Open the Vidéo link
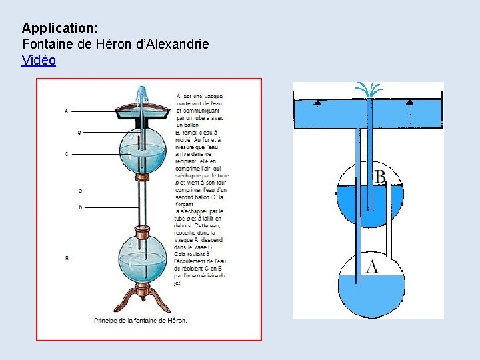(x=39, y=60)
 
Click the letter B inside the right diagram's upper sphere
(x=379, y=178)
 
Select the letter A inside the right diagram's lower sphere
(x=372, y=267)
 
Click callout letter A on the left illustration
(x=66, y=111)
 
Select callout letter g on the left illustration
(x=79, y=133)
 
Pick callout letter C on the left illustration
(x=66, y=154)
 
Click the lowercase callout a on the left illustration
(x=80, y=190)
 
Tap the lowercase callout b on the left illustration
(x=80, y=207)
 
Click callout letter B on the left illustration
(x=67, y=258)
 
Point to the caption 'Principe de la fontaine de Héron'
(x=140, y=320)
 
